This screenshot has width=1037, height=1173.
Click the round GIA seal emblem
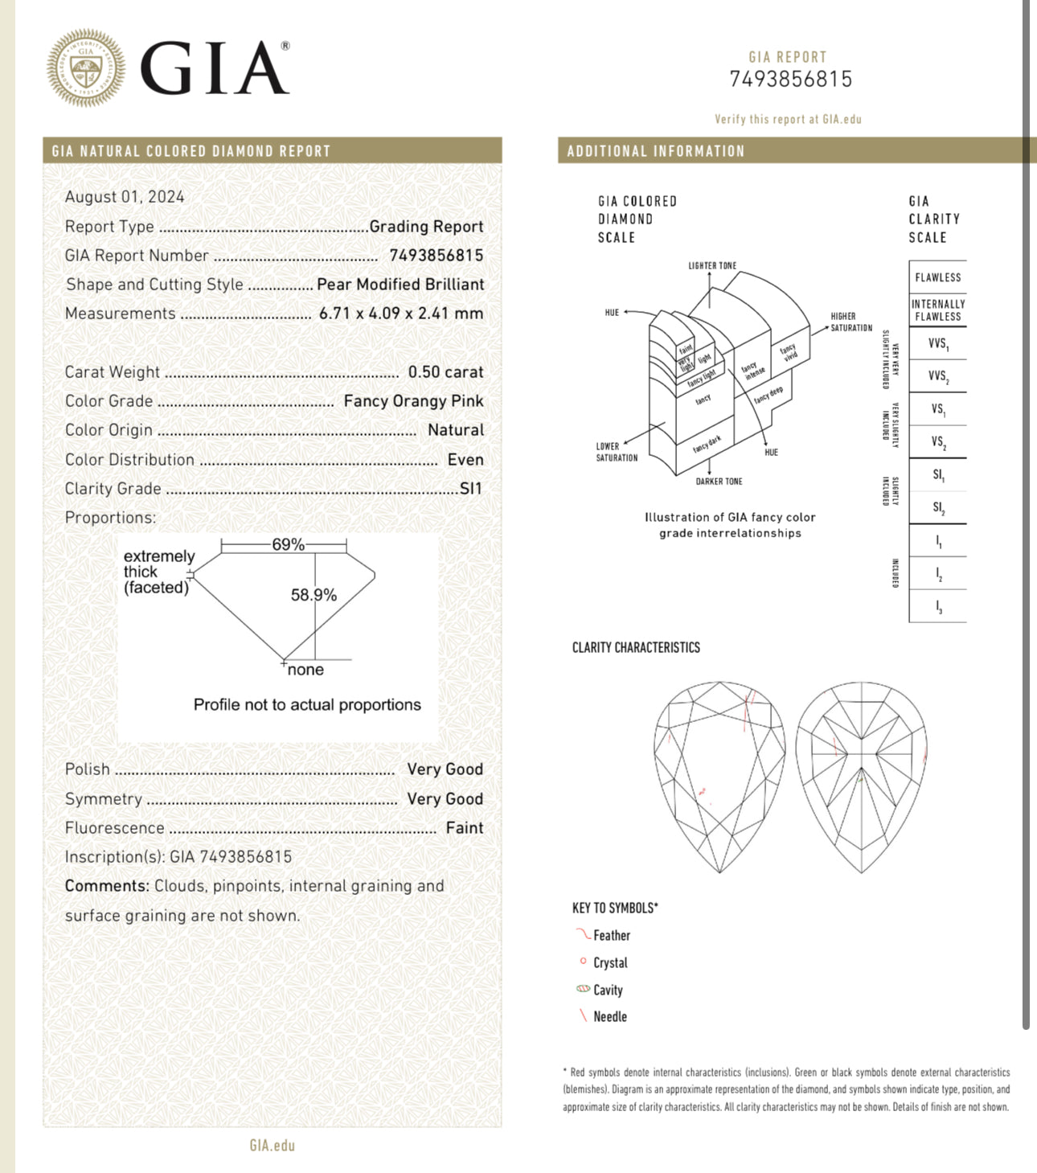(x=86, y=68)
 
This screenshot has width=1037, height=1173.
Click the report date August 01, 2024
(x=125, y=197)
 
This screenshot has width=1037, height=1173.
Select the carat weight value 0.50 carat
(x=445, y=372)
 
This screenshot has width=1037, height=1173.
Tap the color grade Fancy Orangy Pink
(x=413, y=401)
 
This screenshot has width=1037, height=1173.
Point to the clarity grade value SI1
(x=471, y=489)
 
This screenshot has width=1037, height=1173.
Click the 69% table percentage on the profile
(x=288, y=545)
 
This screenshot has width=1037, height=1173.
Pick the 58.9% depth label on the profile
(x=314, y=596)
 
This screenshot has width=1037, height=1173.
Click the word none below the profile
(x=305, y=671)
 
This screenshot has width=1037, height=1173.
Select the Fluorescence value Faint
(x=465, y=828)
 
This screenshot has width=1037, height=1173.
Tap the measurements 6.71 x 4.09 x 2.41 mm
(x=401, y=314)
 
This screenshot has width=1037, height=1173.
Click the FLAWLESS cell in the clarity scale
(x=937, y=277)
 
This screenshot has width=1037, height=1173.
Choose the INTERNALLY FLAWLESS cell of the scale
(x=937, y=310)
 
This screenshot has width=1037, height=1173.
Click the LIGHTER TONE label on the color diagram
(x=712, y=266)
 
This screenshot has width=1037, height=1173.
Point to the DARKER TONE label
(x=719, y=482)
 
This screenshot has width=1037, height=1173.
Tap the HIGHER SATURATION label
(x=851, y=322)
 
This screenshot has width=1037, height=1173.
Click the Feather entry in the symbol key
(x=611, y=936)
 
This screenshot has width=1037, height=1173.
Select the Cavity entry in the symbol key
(x=608, y=990)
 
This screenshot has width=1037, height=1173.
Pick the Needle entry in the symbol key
(x=609, y=1017)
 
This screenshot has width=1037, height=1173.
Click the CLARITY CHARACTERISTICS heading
(x=636, y=648)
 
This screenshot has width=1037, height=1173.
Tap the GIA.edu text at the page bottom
(x=272, y=1146)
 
